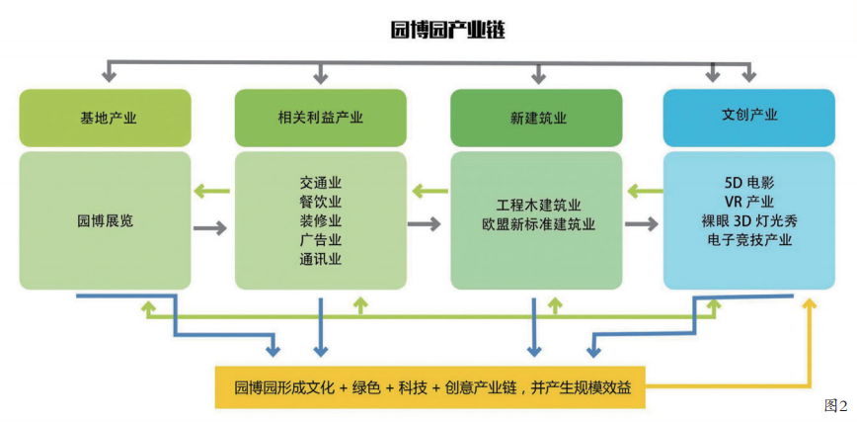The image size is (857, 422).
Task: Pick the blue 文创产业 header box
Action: tap(749, 115)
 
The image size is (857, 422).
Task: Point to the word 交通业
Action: tap(320, 183)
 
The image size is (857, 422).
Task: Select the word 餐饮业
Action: tap(320, 202)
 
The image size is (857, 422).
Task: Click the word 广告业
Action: tap(320, 240)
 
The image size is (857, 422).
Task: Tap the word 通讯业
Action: tap(320, 259)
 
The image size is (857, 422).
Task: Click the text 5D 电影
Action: tap(749, 183)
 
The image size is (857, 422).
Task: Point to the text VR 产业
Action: tap(749, 202)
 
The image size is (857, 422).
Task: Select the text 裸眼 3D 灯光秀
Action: tap(749, 220)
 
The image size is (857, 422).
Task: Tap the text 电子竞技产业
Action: tap(749, 239)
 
